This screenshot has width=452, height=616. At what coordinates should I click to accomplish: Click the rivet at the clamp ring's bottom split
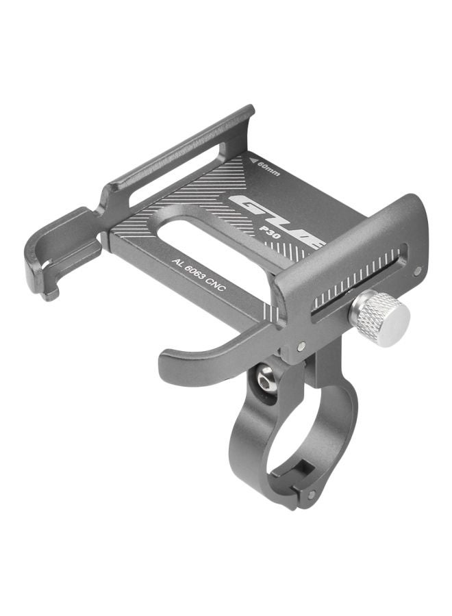pos(312,493)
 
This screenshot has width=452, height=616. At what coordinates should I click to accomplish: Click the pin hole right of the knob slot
pos(416,272)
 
